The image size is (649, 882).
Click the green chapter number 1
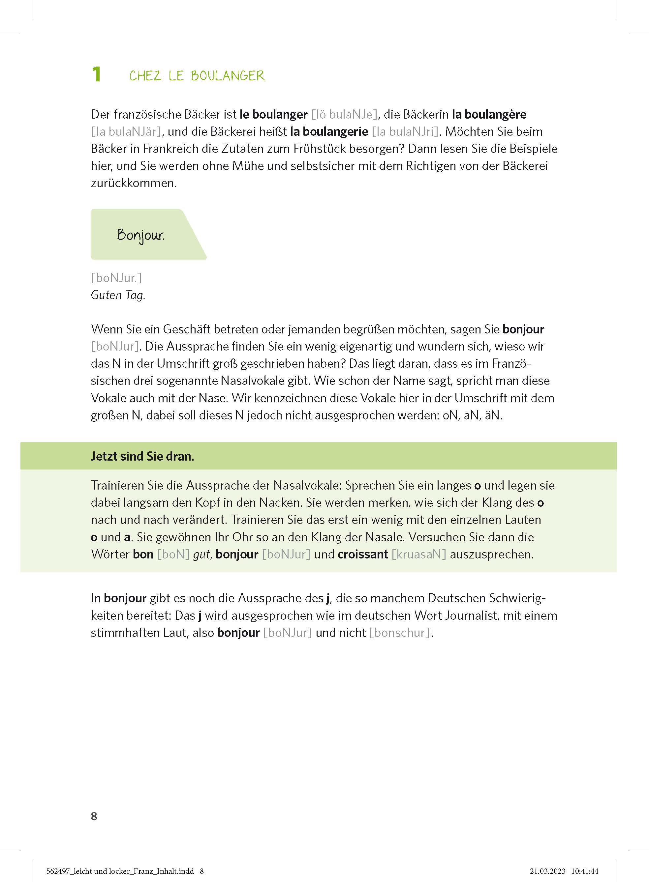tap(96, 74)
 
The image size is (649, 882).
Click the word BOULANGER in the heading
tap(228, 76)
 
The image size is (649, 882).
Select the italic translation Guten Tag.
tap(118, 295)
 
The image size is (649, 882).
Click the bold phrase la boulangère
tap(489, 114)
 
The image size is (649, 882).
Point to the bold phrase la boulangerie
tap(329, 131)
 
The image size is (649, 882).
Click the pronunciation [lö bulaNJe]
tap(345, 114)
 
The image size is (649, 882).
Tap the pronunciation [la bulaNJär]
tap(126, 131)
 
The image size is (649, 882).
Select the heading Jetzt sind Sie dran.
tap(142, 456)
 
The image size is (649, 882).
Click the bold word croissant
tap(363, 554)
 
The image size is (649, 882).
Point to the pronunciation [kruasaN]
tap(419, 554)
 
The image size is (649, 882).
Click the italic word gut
tap(202, 554)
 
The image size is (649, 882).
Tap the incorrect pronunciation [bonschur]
tap(400, 632)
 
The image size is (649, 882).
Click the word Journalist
tap(472, 615)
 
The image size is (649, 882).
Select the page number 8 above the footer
tap(94, 816)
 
